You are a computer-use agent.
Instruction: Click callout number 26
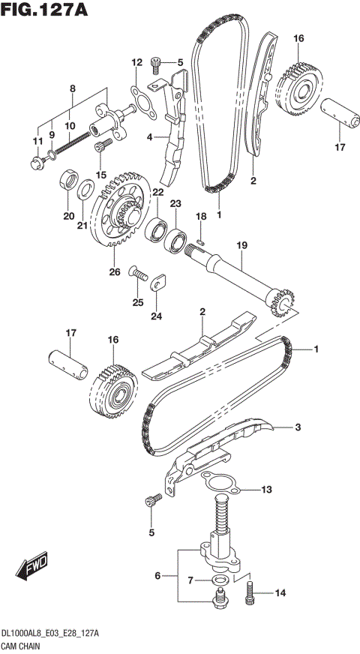point(115,271)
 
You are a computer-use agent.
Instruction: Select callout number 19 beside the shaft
point(241,246)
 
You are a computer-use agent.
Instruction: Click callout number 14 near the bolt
point(280,593)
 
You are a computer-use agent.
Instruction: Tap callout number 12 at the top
point(136,62)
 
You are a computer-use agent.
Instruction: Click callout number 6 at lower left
point(158,575)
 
